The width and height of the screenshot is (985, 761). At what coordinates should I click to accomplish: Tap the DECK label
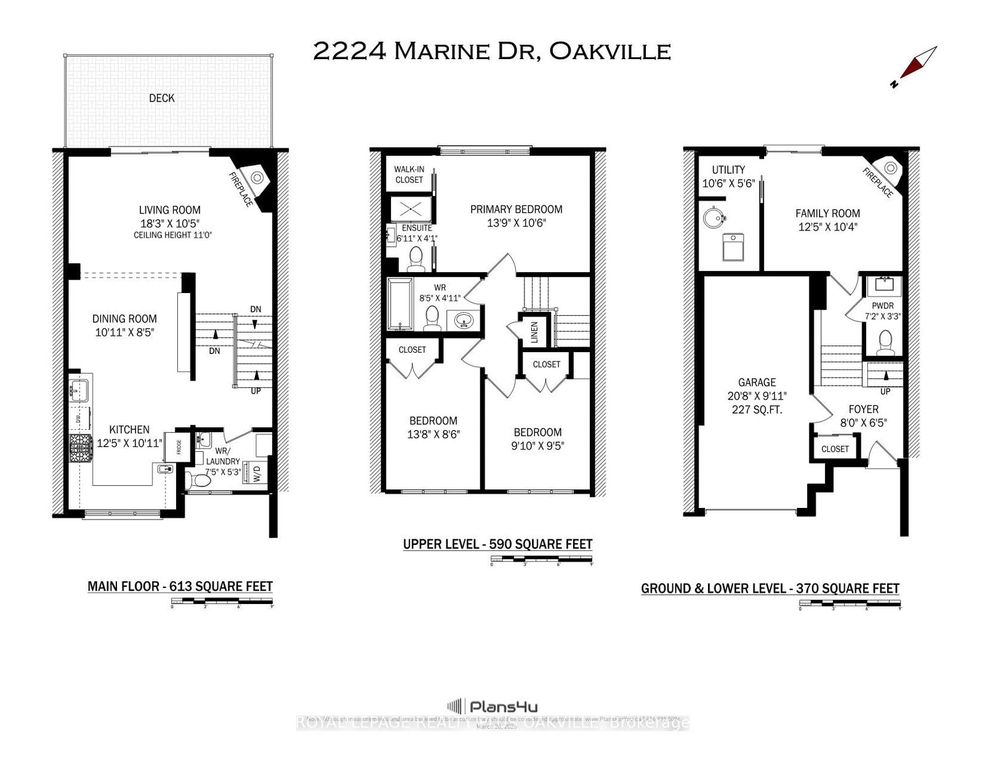(x=161, y=98)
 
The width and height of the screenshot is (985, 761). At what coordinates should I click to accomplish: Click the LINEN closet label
(x=534, y=332)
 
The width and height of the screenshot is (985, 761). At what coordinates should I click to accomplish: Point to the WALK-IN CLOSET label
(x=409, y=174)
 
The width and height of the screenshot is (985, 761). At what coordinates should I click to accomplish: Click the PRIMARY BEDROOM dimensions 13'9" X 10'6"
(x=516, y=223)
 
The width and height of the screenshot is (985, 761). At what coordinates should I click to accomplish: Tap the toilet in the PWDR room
(x=885, y=342)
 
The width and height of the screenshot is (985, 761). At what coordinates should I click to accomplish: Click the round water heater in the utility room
(x=714, y=217)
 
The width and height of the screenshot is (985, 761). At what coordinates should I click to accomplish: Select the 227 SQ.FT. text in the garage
(x=757, y=409)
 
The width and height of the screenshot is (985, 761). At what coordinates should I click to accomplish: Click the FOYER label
(x=863, y=409)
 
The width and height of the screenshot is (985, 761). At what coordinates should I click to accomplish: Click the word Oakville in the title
(x=609, y=51)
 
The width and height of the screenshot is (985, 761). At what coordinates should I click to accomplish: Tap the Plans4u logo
(x=492, y=706)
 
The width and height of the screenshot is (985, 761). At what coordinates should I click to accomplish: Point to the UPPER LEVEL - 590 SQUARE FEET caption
(x=497, y=544)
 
